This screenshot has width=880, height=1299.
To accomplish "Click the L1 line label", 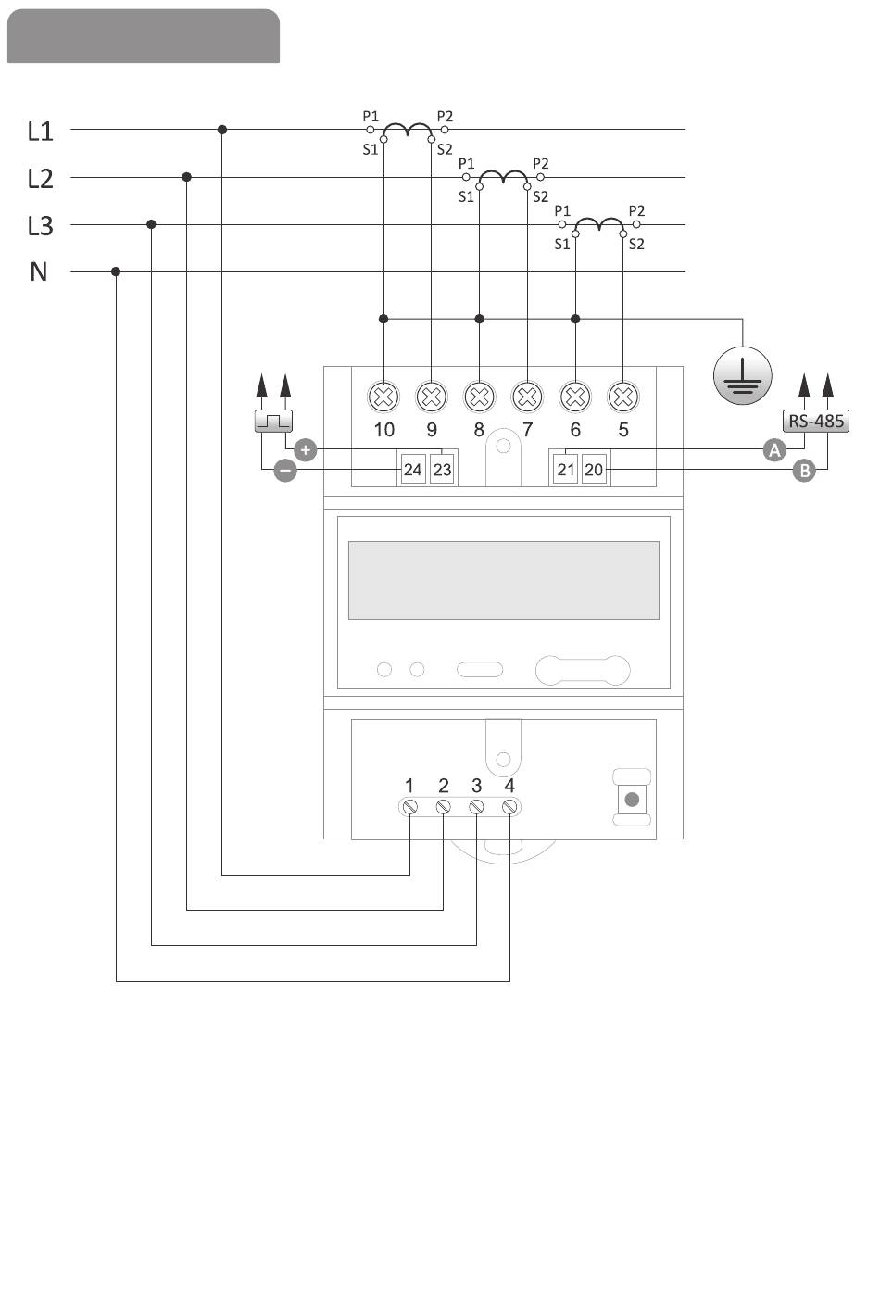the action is point(40,132).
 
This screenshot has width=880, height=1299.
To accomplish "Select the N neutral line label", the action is point(39,272).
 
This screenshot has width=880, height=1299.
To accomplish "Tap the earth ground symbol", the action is point(742,376).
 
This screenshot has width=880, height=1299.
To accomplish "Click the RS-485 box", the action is point(816,421).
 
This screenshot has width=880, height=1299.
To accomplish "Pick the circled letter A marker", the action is point(774,450).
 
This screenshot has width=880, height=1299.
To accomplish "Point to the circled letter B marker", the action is point(804,471).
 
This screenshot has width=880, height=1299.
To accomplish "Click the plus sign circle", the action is point(306,450).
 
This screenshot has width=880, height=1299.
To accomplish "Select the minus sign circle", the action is point(285,471).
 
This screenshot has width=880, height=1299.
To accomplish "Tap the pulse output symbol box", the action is point(273,421).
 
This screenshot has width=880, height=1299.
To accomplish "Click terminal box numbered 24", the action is point(413,469).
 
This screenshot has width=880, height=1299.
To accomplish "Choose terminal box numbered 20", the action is point(594,469).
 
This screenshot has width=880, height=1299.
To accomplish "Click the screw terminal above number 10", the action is point(383,397).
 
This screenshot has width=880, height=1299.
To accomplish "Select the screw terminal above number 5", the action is point(622,397).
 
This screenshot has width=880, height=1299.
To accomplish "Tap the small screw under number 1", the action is point(409,807).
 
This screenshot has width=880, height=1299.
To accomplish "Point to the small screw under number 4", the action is point(509,807).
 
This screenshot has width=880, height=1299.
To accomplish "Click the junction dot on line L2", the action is point(187,177).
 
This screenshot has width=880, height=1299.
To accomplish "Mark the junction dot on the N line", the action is point(116,271).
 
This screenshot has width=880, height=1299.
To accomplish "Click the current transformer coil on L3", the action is point(598,223).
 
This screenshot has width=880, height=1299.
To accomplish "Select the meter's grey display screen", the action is point(503,581).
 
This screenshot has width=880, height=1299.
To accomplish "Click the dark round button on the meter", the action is point(632,800).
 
